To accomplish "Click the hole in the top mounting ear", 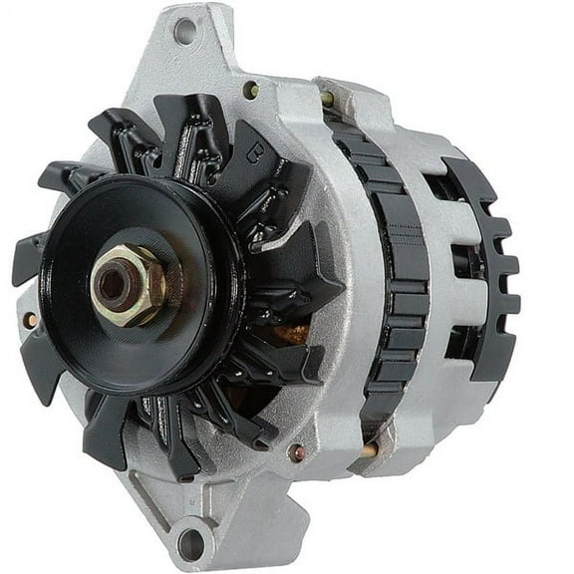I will (x=184, y=30).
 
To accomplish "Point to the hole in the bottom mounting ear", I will (x=191, y=544).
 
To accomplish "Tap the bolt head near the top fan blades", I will (x=250, y=90).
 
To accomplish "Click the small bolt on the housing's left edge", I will (x=32, y=320).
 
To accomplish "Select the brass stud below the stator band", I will (x=369, y=449).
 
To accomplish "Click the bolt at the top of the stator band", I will (x=328, y=99).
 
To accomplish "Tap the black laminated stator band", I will (x=395, y=279).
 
